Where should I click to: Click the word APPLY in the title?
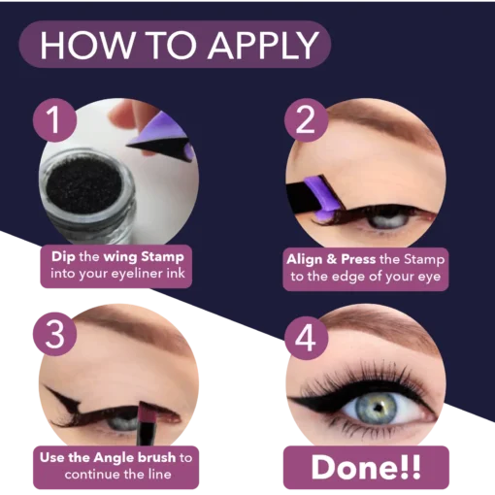(263, 45)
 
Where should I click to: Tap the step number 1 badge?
(54, 120)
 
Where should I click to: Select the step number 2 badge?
(306, 120)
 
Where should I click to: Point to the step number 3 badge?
(54, 334)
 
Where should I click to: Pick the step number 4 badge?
(306, 338)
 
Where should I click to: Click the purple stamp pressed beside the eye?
(322, 198)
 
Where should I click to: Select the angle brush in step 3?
(148, 422)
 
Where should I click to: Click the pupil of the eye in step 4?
(377, 408)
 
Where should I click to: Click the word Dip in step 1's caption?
(63, 257)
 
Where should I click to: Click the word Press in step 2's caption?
(358, 259)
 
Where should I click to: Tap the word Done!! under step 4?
(366, 467)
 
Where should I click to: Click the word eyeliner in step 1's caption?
(137, 274)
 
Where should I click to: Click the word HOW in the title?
(86, 45)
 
